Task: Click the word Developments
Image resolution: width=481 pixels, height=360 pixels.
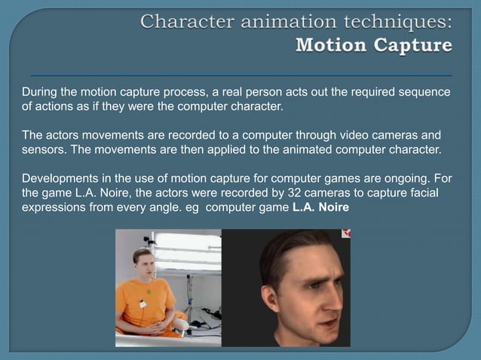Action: (x=60, y=178)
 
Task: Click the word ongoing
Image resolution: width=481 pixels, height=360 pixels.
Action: (x=412, y=178)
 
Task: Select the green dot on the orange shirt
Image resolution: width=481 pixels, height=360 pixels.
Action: (x=149, y=292)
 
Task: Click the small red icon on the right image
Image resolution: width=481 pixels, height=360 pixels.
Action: (x=346, y=234)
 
